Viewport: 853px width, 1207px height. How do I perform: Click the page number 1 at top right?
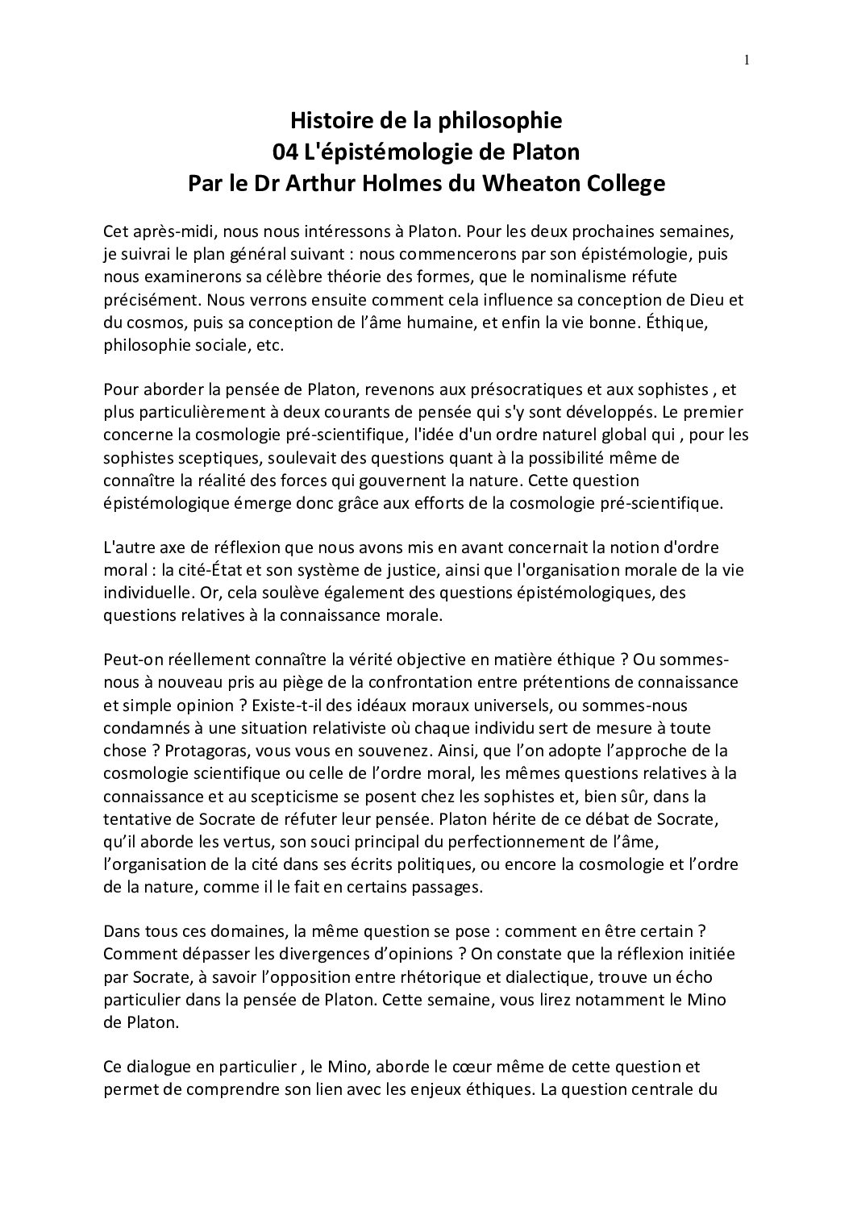coord(747,59)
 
